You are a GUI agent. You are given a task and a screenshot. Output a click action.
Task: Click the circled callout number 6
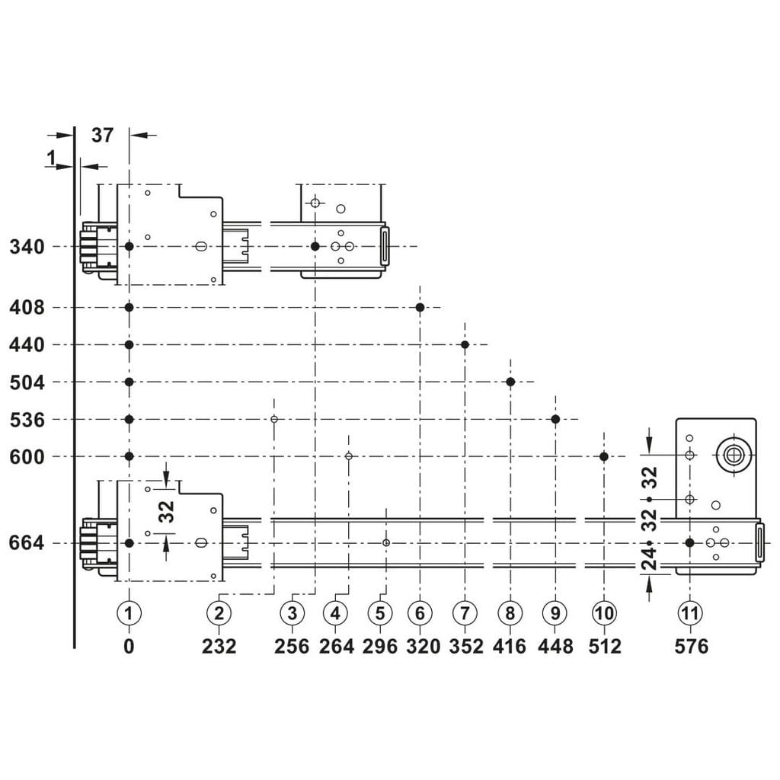[420, 613]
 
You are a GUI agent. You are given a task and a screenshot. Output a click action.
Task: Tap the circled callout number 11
[689, 613]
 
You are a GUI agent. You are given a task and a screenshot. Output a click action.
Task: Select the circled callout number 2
[219, 613]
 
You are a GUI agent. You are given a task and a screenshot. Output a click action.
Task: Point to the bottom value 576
[692, 646]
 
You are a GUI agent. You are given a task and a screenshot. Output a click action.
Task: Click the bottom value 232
[219, 646]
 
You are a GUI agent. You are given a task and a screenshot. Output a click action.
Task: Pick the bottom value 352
[466, 646]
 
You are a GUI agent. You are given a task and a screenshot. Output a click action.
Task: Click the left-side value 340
[27, 247]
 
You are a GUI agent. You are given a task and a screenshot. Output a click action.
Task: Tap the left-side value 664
[27, 542]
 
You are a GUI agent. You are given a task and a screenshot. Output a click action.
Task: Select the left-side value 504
[27, 382]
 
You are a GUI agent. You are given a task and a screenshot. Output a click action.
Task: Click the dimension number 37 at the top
[103, 135]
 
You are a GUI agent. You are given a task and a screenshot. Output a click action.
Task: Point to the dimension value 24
[649, 558]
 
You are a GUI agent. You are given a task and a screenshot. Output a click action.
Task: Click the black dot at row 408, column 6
[420, 308]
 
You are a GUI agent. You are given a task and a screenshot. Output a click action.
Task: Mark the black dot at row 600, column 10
[604, 456]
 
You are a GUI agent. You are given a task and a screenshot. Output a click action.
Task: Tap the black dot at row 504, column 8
[510, 382]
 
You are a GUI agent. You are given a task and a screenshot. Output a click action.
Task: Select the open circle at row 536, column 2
[274, 419]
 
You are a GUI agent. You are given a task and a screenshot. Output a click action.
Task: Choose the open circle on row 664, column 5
[386, 542]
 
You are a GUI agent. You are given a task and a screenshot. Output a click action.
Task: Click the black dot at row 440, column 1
[129, 344]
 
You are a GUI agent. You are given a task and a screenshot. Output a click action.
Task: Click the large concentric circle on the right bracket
[734, 454]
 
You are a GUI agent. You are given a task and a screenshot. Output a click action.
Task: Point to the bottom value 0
[129, 646]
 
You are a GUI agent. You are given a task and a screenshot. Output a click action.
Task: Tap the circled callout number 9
[555, 613]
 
